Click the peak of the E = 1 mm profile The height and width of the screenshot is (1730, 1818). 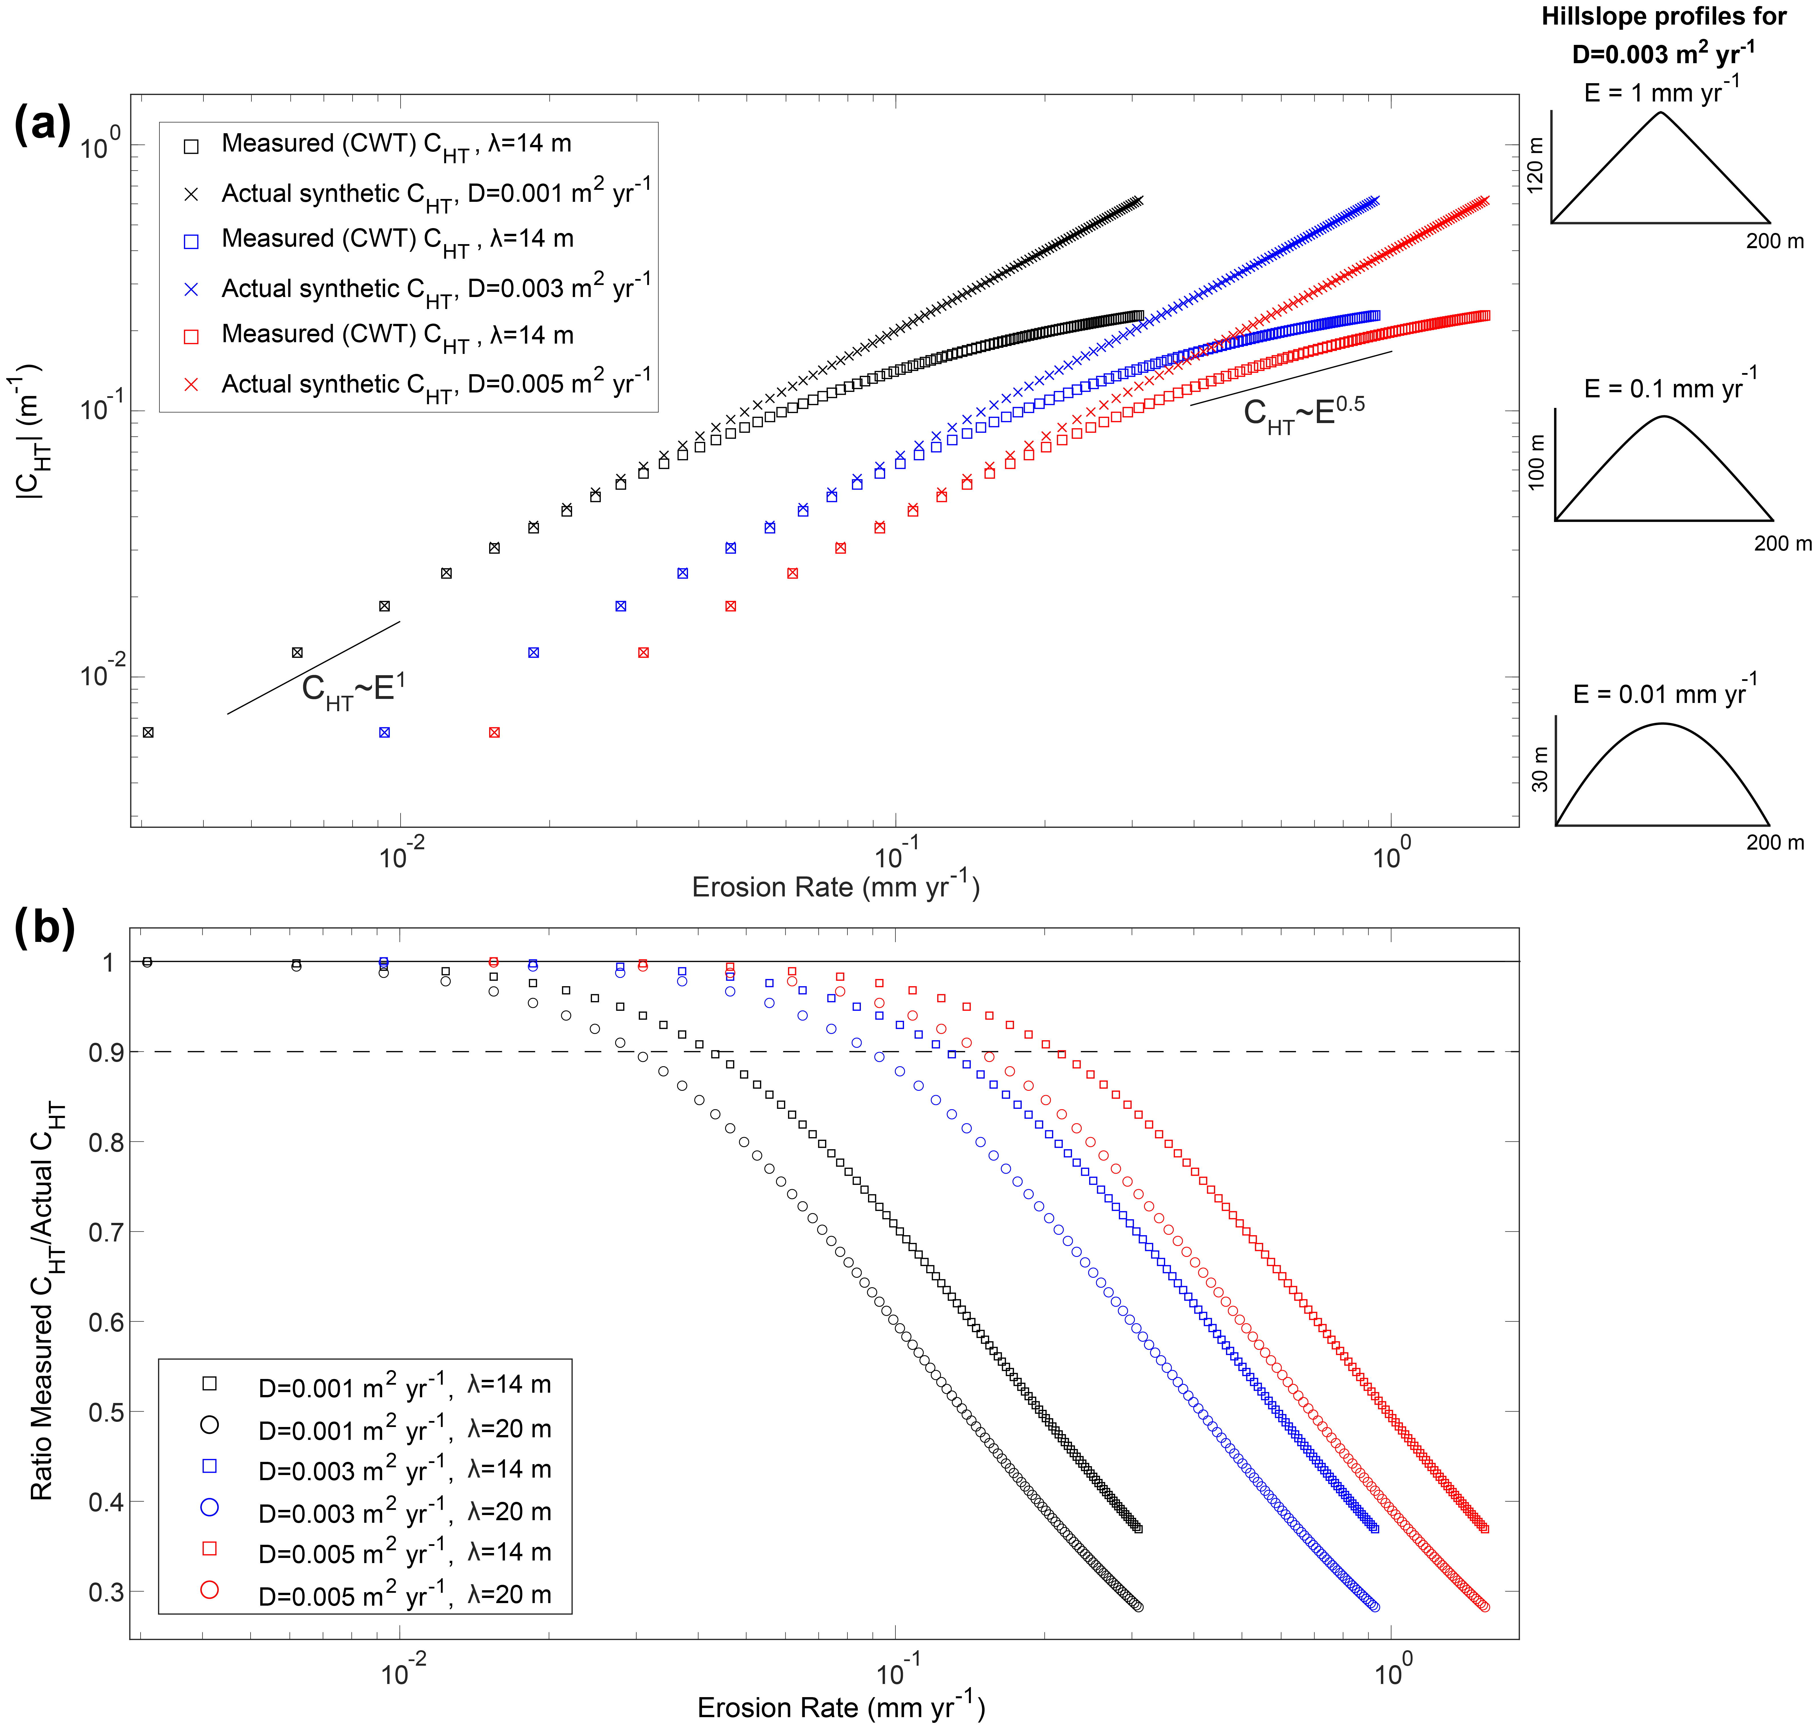pyautogui.click(x=1660, y=113)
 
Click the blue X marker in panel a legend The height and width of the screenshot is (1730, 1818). pyautogui.click(x=192, y=290)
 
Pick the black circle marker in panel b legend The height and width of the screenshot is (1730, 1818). pyautogui.click(x=210, y=1425)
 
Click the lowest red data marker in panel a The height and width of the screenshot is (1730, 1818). pyautogui.click(x=494, y=732)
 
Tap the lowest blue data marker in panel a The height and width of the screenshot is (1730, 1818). pyautogui.click(x=385, y=732)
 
